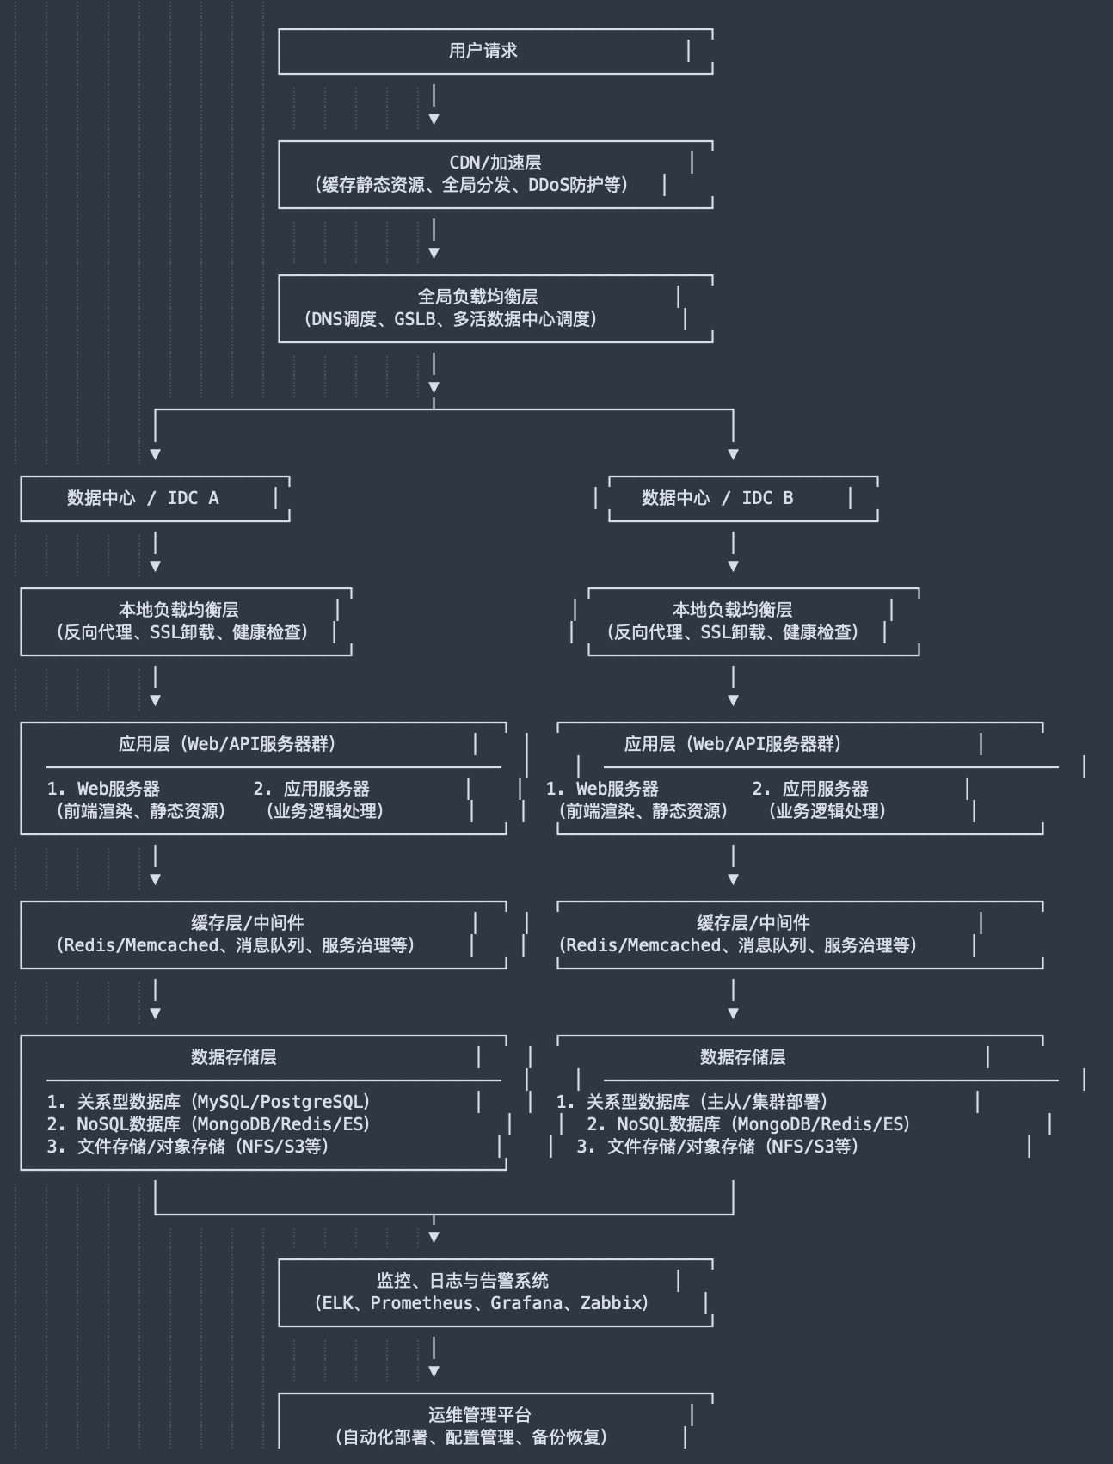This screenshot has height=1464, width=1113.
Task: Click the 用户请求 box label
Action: click(x=483, y=51)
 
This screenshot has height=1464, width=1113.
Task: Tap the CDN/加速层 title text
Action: click(x=495, y=163)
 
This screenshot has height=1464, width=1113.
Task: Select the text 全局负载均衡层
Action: click(x=477, y=297)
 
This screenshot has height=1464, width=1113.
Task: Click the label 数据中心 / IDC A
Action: click(x=143, y=498)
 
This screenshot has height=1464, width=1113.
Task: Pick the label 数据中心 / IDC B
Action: click(x=717, y=498)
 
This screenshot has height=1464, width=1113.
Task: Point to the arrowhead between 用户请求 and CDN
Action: click(x=434, y=119)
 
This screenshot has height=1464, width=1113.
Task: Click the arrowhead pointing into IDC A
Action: click(x=155, y=454)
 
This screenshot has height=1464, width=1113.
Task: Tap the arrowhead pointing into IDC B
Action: click(x=733, y=454)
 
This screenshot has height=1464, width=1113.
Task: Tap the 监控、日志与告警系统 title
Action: click(x=462, y=1281)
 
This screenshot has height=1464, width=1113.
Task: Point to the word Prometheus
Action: click(x=421, y=1303)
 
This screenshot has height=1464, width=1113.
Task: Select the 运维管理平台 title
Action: click(x=479, y=1415)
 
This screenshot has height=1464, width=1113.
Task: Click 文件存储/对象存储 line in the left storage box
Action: click(x=203, y=1147)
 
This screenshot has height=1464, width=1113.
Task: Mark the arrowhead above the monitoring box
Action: click(x=434, y=1237)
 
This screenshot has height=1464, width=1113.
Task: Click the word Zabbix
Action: click(x=612, y=1303)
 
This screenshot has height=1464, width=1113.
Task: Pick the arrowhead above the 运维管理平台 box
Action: click(x=434, y=1371)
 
